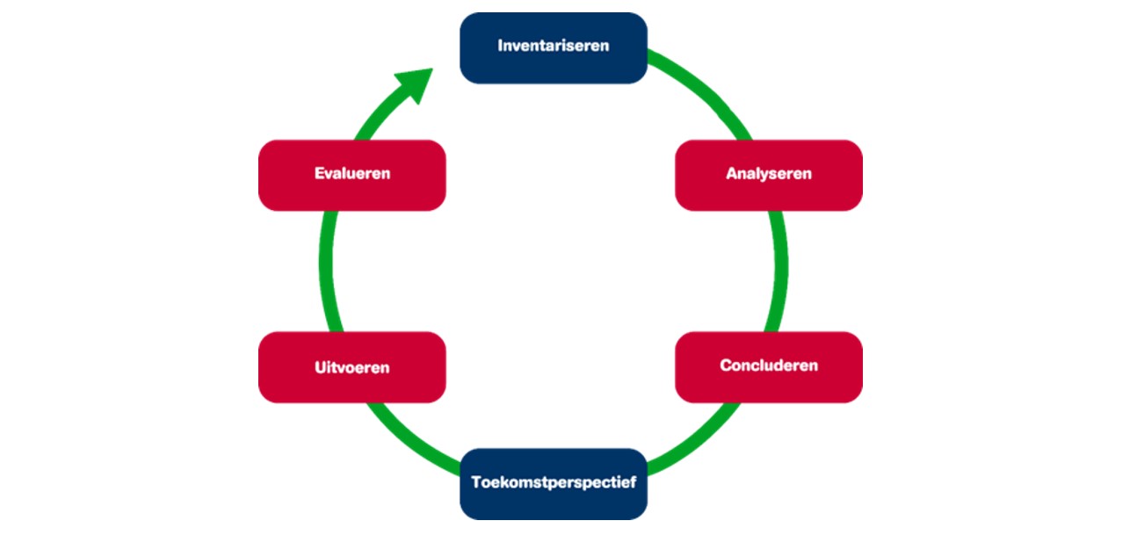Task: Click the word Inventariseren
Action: tap(554, 46)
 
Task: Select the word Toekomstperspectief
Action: tap(554, 482)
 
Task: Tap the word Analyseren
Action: tap(768, 174)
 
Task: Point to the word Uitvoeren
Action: tap(351, 367)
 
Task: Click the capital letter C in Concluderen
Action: tap(727, 365)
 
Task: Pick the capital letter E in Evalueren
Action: tap(319, 174)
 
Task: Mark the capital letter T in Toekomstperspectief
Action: tap(476, 481)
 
